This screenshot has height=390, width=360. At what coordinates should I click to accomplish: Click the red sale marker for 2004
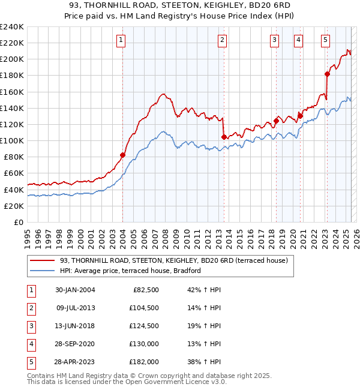pos(122,155)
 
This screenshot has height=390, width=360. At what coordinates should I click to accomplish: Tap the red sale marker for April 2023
pos(327,74)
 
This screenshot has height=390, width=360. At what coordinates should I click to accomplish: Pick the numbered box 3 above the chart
pos(274,40)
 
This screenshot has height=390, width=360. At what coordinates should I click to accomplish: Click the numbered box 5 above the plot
pos(325,40)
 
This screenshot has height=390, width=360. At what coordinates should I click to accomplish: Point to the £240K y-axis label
pos(12,26)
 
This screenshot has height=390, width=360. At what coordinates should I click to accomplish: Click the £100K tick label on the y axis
pos(12,140)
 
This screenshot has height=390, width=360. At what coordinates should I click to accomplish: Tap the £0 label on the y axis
pos(18,222)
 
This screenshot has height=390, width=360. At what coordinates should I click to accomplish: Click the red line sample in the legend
pos(42,260)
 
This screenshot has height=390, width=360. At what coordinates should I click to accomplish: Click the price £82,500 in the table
pos(146,290)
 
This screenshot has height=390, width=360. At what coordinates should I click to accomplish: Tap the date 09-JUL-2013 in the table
pos(75,308)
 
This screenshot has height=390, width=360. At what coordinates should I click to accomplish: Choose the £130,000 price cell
pos(145,344)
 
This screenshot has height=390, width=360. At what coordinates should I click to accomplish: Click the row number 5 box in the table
pos(30,362)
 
